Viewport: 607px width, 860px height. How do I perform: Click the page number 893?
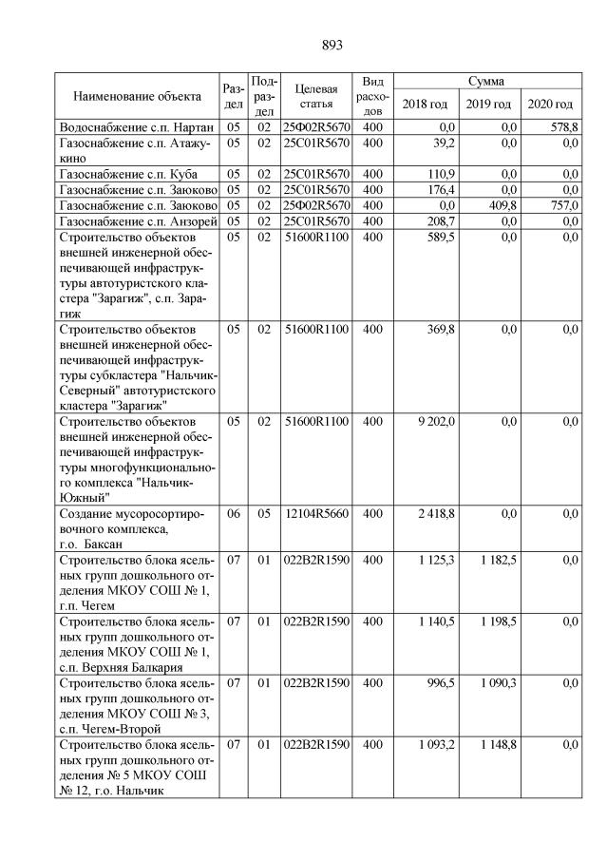[332, 45]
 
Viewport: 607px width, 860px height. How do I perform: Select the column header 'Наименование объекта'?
[138, 96]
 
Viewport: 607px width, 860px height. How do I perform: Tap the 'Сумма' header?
[485, 82]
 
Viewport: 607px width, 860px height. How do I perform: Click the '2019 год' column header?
[489, 104]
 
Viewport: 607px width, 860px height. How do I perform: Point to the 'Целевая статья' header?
[316, 96]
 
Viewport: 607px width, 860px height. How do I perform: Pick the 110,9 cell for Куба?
[441, 174]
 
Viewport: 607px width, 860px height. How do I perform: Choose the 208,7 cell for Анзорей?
[441, 220]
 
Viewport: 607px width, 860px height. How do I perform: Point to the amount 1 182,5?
[498, 561]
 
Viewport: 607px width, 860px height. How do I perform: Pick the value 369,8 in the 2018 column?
[441, 329]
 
